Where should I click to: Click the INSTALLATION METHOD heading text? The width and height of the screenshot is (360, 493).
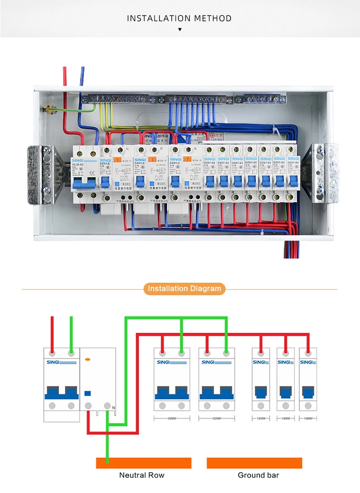click(x=180, y=19)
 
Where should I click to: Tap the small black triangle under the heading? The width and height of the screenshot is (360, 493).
click(x=180, y=30)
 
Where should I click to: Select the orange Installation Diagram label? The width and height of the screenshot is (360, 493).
click(x=184, y=289)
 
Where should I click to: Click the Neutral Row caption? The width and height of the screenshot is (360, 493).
click(x=142, y=475)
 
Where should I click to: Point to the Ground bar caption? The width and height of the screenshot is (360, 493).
click(x=258, y=475)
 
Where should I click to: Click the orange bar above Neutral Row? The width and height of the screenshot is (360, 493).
click(x=144, y=463)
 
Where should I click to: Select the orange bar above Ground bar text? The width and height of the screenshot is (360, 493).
click(x=254, y=463)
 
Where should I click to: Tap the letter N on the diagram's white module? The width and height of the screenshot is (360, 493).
click(x=113, y=408)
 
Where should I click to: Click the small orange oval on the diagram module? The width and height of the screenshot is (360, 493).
click(x=87, y=359)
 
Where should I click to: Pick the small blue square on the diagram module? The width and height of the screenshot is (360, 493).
click(x=88, y=393)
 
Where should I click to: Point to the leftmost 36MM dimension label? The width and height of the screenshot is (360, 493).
click(x=172, y=419)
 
